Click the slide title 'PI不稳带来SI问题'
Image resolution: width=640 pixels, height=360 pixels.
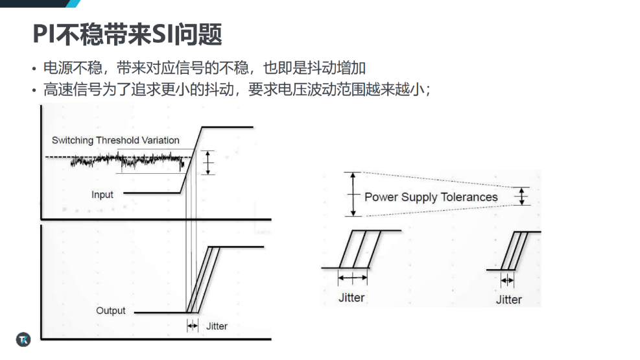127,34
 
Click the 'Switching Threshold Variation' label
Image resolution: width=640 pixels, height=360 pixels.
115,140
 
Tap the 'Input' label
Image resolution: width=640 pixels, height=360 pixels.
102,195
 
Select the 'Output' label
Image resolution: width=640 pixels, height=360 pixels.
111,311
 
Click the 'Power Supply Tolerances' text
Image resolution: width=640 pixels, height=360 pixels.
431,197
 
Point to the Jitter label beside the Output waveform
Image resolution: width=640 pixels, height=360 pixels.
217,326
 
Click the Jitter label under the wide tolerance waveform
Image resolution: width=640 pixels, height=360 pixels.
351,298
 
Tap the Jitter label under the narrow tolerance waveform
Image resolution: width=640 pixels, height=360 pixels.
508,300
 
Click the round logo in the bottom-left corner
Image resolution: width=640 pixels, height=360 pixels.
23,340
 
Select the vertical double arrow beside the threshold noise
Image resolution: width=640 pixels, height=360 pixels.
208,162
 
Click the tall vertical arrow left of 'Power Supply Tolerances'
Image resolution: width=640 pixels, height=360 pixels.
353,195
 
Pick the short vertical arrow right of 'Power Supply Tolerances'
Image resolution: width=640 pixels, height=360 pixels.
521,197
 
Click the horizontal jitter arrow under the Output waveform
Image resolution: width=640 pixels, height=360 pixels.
192,326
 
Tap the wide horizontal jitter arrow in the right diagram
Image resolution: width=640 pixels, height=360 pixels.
353,278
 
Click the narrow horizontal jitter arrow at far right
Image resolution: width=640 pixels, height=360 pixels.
507,280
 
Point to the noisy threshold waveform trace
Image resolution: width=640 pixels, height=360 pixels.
127,160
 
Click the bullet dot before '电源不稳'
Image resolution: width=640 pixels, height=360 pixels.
34,69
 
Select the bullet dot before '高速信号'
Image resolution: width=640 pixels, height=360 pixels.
34,90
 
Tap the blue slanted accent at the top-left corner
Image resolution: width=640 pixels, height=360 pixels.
73,4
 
